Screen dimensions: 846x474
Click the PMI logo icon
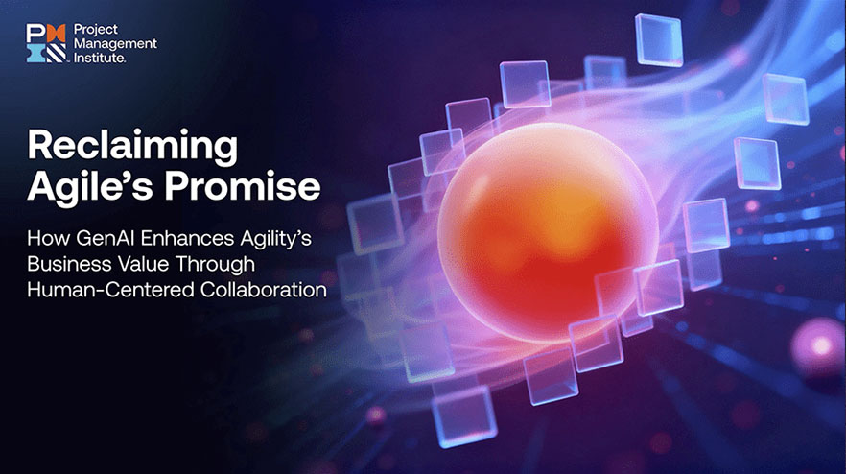point(46,43)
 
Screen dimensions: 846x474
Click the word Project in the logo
point(96,30)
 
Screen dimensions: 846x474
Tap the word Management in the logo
point(115,43)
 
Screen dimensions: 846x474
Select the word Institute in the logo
point(100,57)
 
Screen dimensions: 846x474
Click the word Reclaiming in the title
point(132,146)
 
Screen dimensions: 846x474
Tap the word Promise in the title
point(243,187)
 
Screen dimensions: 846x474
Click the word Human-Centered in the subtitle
point(111,290)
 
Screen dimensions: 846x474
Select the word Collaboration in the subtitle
point(263,290)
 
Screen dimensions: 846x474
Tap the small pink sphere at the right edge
point(821,346)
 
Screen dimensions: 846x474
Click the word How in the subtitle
point(49,238)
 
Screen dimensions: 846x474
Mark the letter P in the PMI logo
point(36,33)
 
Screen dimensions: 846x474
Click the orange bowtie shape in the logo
point(57,33)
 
